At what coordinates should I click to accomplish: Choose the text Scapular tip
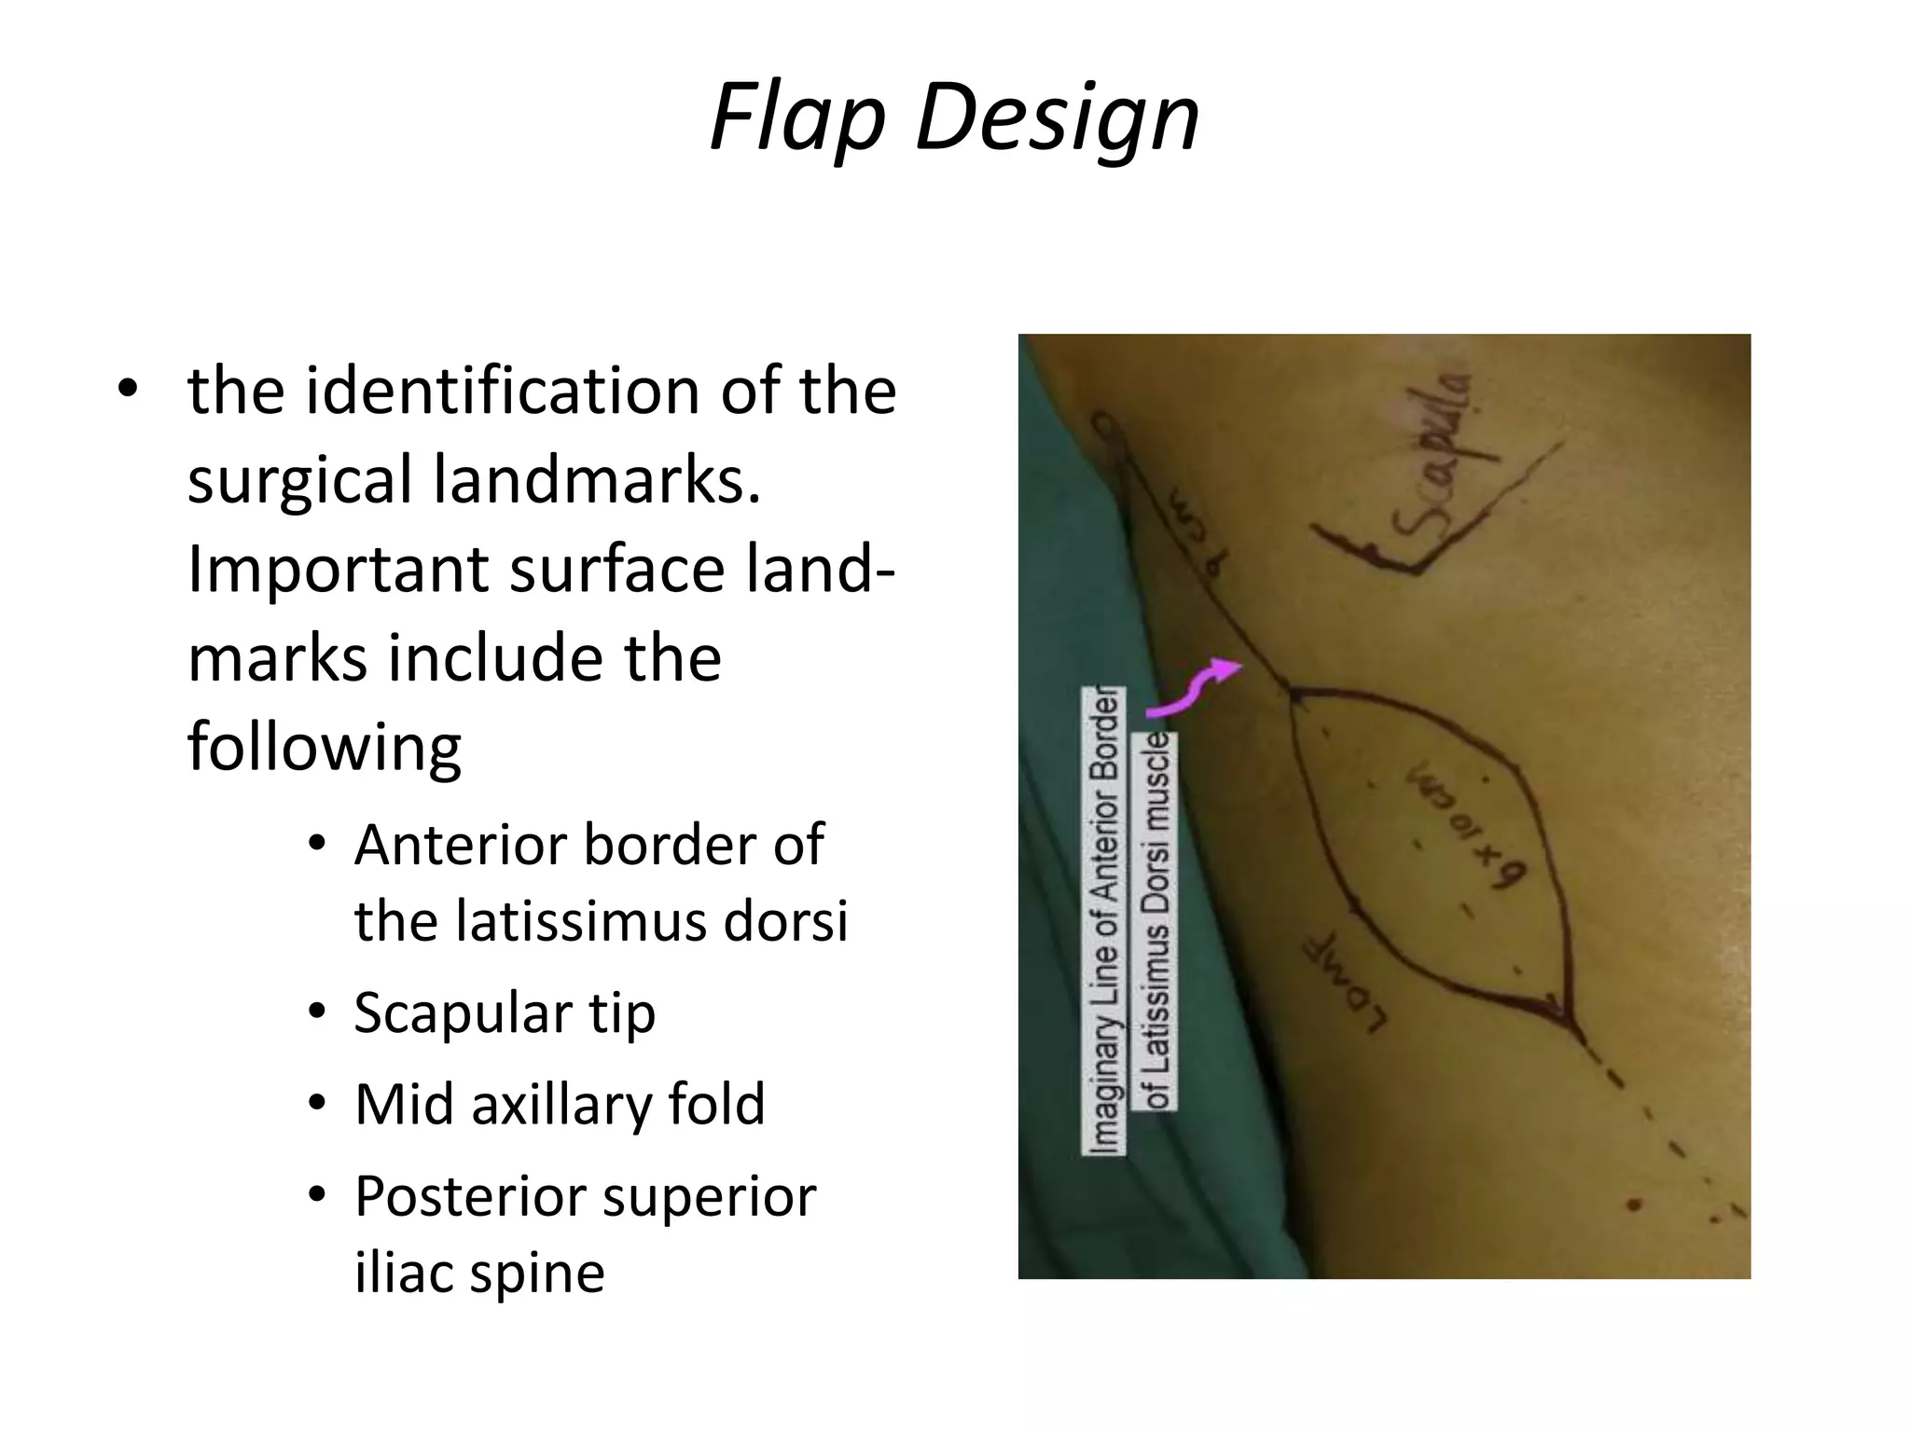point(505,1012)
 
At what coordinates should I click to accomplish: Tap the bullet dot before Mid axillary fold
point(317,1105)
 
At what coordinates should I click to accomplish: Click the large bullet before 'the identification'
point(127,392)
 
